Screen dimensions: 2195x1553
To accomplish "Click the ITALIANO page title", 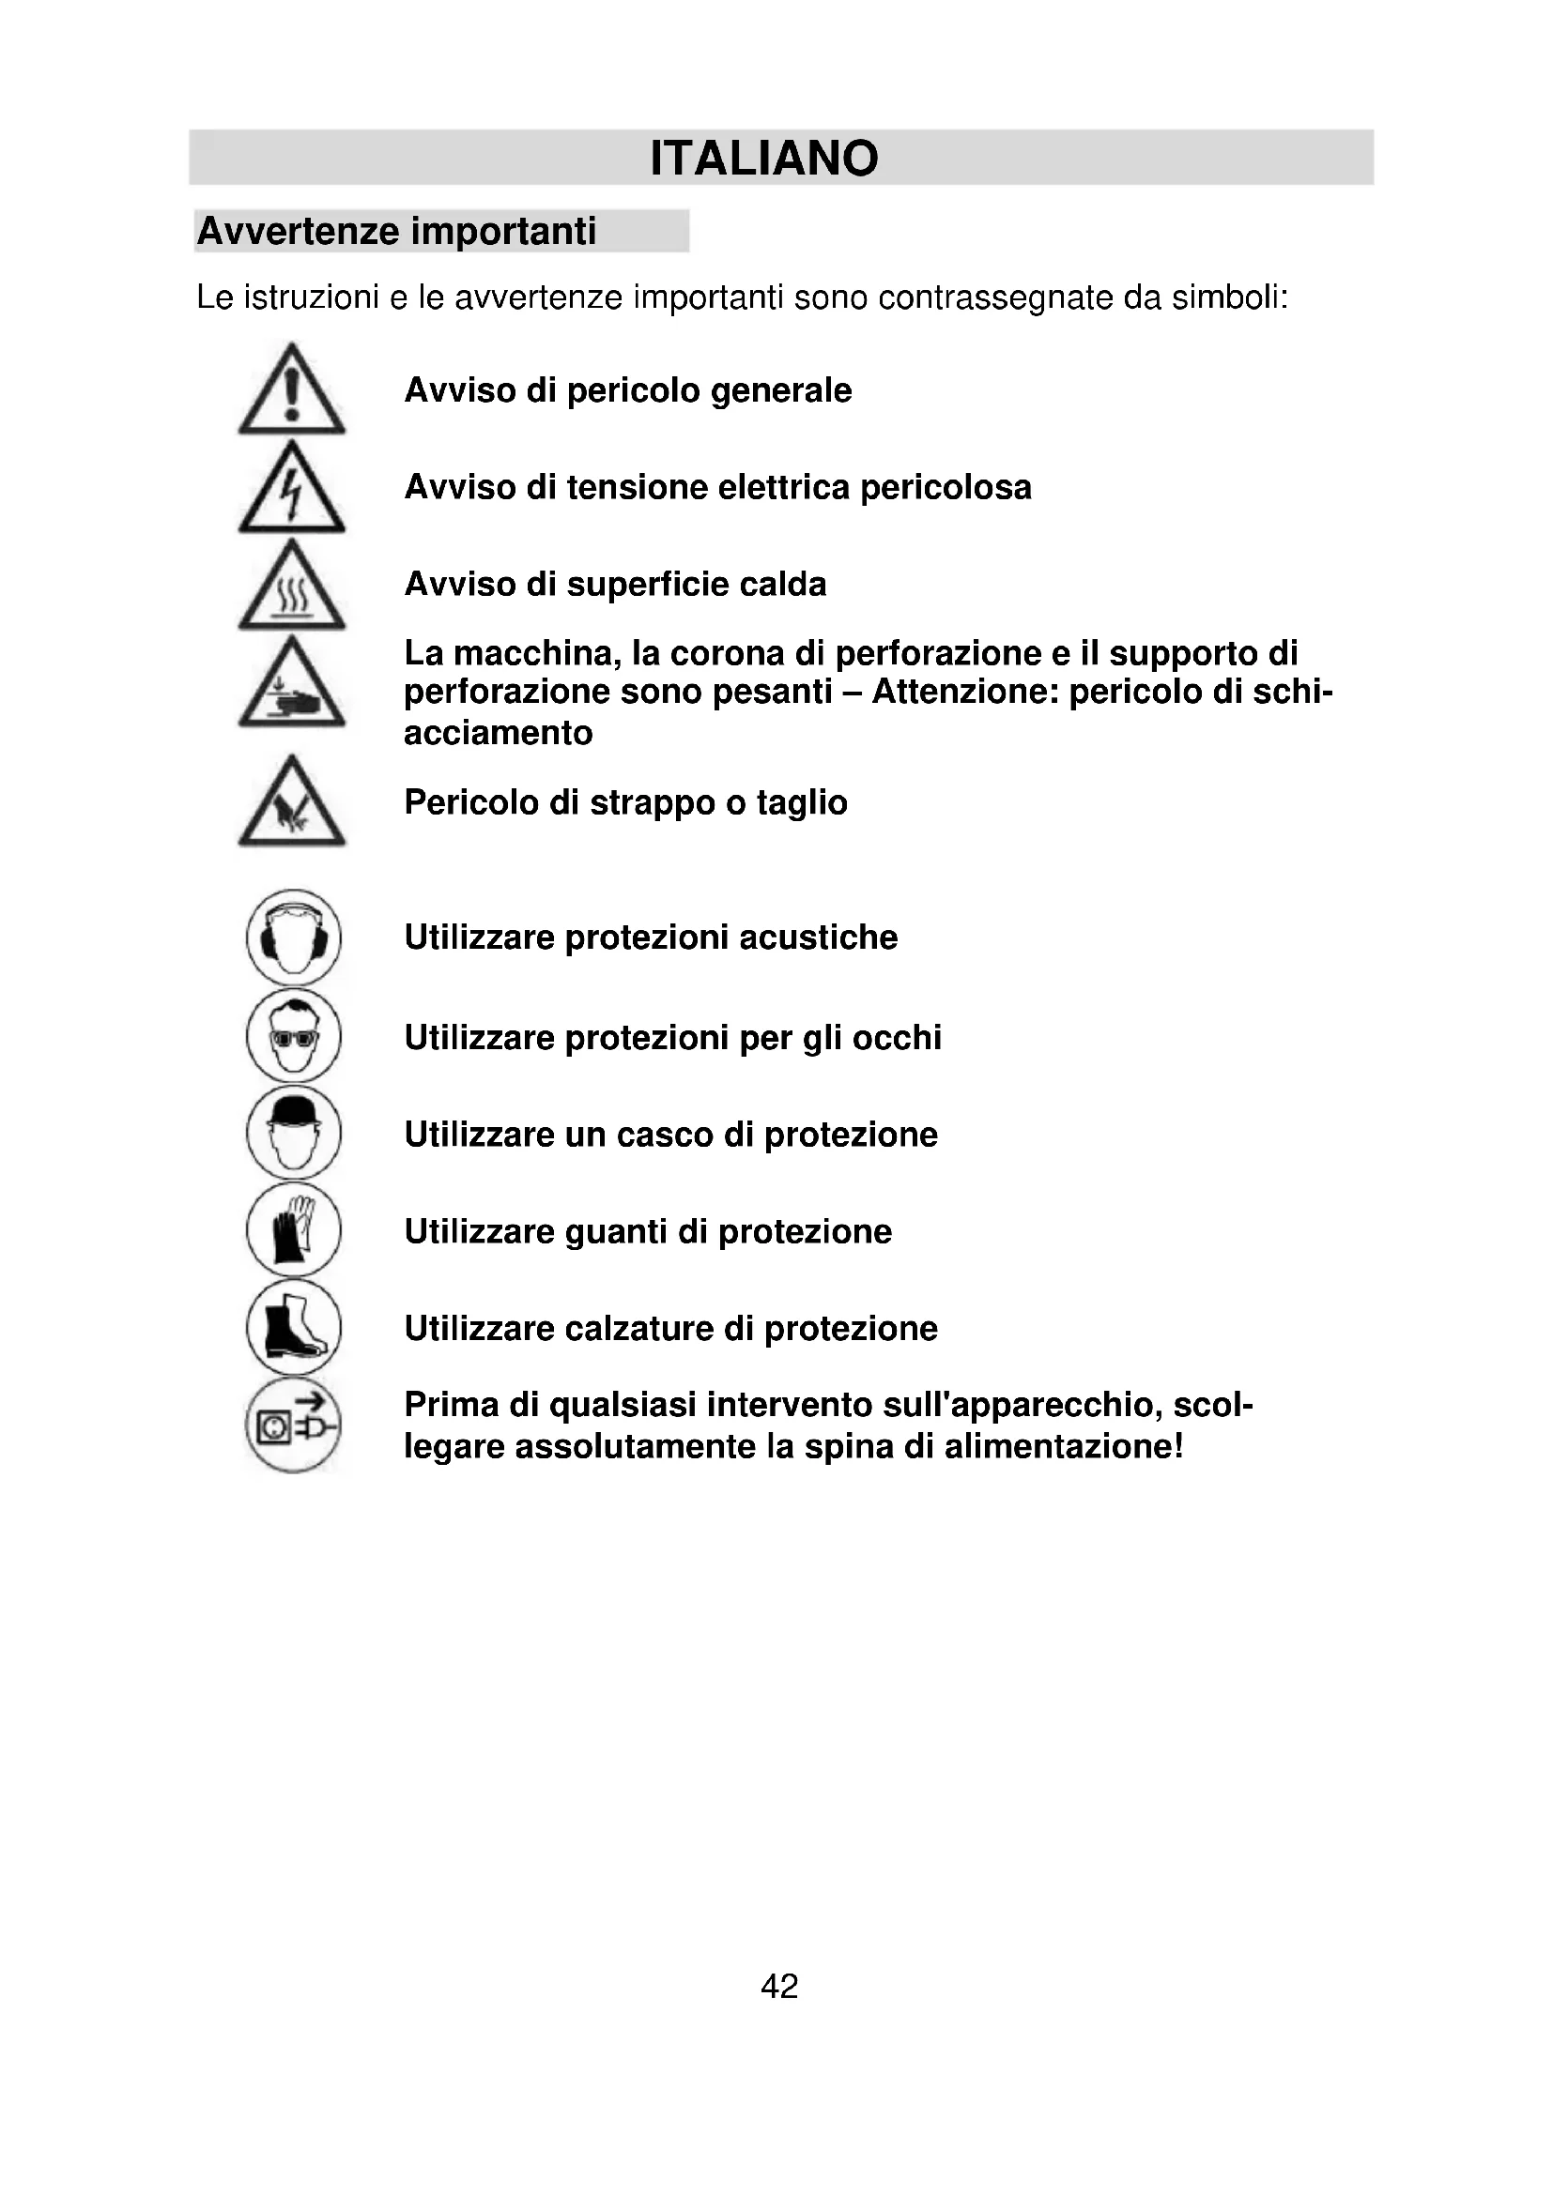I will pos(763,159).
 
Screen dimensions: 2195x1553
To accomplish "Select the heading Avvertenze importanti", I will pos(396,232).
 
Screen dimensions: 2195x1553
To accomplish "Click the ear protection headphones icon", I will pos(294,937).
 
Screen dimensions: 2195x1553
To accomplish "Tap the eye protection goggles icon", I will pos(294,1035).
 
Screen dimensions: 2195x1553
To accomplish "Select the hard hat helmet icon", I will pos(294,1133).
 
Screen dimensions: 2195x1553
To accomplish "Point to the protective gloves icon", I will pos(294,1230).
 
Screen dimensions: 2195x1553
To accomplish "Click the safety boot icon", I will pos(294,1328).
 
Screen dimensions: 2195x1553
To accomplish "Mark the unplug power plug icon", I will pos(294,1425).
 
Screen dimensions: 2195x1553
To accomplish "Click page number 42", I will pos(779,1987).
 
